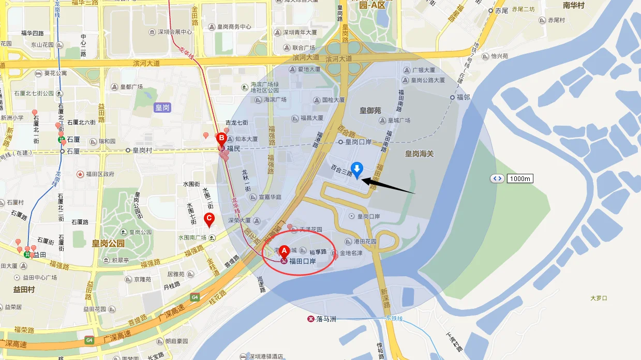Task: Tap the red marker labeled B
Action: [x=221, y=139]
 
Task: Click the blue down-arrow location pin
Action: [x=356, y=170]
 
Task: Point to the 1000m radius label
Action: [x=519, y=178]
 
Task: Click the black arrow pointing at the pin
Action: [x=388, y=186]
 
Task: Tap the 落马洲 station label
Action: [x=326, y=319]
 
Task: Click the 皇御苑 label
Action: [x=370, y=110]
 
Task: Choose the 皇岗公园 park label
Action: [x=109, y=243]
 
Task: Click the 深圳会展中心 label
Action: [x=175, y=32]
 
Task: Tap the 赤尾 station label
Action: [x=501, y=10]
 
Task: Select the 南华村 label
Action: [x=573, y=6]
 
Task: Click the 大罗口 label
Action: [x=599, y=298]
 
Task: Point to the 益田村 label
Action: [x=24, y=290]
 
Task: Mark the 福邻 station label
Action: [x=463, y=97]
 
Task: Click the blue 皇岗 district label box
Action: [x=162, y=108]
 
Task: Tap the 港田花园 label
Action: [x=365, y=242]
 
